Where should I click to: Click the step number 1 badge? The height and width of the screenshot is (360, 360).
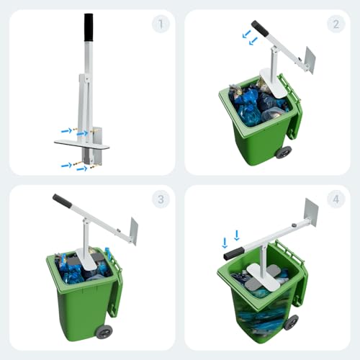(x=161, y=24)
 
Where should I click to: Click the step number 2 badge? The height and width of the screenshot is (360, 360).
(x=336, y=24)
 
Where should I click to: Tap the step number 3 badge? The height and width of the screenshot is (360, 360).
(x=161, y=199)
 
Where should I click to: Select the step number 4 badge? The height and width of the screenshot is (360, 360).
(x=336, y=199)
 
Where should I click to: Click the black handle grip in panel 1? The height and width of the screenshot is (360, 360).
(x=89, y=28)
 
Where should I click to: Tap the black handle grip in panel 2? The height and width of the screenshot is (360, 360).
(x=260, y=29)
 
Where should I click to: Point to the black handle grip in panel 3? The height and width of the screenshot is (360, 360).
(x=62, y=201)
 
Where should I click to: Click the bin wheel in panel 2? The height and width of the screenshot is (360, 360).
(x=284, y=152)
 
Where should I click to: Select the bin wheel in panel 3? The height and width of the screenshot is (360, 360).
(x=104, y=332)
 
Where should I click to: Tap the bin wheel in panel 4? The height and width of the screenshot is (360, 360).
(x=291, y=323)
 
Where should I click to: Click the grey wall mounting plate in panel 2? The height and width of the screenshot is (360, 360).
(x=310, y=60)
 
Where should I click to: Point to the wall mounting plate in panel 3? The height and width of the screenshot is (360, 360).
(x=134, y=231)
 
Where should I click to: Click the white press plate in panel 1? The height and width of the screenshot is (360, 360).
(x=82, y=145)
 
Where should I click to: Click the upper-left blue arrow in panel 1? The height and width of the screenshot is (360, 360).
(x=66, y=130)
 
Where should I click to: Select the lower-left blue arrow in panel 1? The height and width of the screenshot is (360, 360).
(x=66, y=165)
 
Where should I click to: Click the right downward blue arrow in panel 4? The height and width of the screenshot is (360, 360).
(x=237, y=235)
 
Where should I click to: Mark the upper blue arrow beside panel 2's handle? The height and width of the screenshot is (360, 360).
(x=246, y=34)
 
